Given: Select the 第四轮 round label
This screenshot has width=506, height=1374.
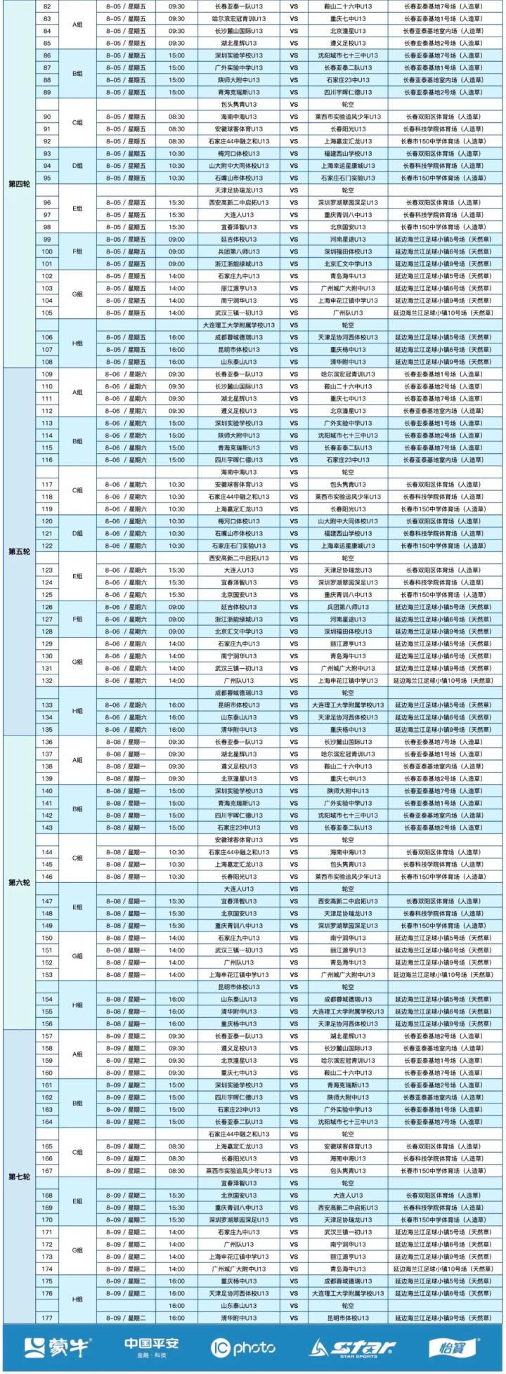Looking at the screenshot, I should coord(18,184).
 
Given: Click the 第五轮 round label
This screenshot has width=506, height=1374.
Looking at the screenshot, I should coord(18,551).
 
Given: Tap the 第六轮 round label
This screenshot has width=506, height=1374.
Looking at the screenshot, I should coord(18,882).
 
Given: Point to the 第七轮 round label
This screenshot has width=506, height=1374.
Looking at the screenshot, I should coord(18,1176).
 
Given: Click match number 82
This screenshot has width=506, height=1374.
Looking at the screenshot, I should coord(48,6).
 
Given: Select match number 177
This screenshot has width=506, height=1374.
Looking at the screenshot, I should coord(48,1317).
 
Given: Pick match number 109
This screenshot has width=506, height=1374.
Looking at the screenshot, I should coord(48,374).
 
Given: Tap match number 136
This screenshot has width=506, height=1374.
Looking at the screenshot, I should coord(48,742).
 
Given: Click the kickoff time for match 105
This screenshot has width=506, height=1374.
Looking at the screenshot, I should coord(177,313).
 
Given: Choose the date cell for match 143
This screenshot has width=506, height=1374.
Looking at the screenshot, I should coord(126,827).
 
